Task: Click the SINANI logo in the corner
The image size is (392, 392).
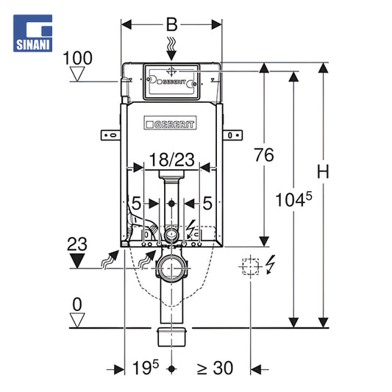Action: coord(33,33)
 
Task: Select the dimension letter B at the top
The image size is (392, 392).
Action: coord(172,25)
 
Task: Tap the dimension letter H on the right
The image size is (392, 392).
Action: coord(323,172)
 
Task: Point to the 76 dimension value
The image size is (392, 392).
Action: coord(264,154)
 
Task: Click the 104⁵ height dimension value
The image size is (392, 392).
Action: coord(293,199)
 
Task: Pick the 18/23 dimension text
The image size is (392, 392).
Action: coord(172,160)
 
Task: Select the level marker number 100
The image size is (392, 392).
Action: coord(77,58)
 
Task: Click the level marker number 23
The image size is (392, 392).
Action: coord(77,244)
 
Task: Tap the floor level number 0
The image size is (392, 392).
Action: coord(77,304)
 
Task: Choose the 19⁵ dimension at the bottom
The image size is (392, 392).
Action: coord(146,368)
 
